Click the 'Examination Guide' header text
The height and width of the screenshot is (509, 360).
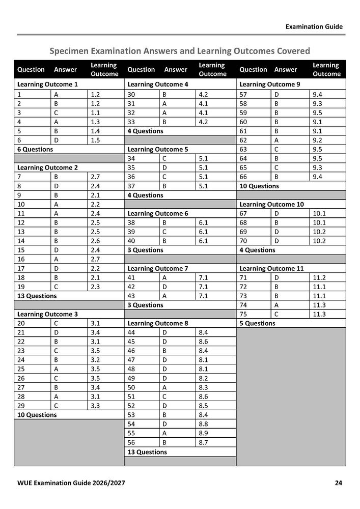coord(314,26)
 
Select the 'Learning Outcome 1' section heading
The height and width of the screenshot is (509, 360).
coord(48,84)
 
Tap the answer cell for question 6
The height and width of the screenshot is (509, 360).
coord(54,140)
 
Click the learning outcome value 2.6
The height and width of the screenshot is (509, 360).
coord(94,241)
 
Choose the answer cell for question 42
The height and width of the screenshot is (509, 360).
coord(164,287)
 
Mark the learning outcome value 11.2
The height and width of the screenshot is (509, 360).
coord(320,277)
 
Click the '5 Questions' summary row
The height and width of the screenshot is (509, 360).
coord(257,323)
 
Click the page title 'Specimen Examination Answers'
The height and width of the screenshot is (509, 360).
coord(180,51)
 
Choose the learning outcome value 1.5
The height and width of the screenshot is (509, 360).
coord(94,140)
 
